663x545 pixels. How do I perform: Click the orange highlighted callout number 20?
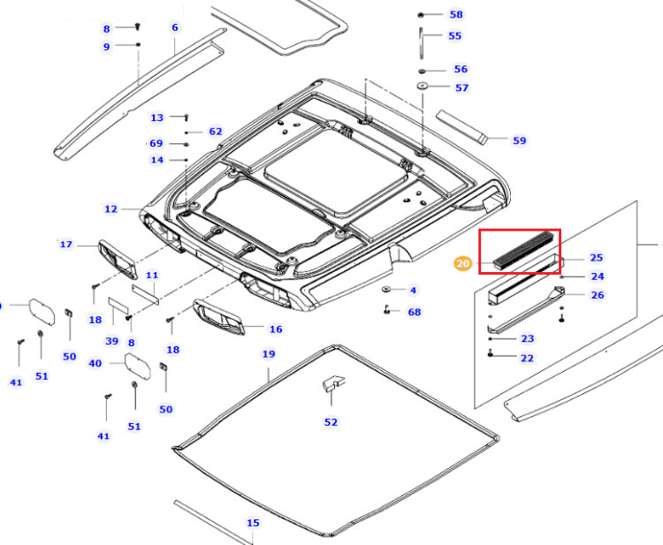click(x=463, y=263)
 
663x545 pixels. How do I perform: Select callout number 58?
click(x=456, y=14)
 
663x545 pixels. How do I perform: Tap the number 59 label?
click(x=520, y=140)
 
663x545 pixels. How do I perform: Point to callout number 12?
click(x=110, y=208)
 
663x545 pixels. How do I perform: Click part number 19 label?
click(x=269, y=353)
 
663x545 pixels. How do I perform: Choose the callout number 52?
click(x=331, y=422)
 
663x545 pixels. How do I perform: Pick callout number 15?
click(x=253, y=523)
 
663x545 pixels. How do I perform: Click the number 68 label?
click(x=415, y=312)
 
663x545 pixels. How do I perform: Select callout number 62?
click(x=216, y=132)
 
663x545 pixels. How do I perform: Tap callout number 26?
click(x=598, y=295)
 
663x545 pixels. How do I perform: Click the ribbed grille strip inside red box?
click(x=523, y=250)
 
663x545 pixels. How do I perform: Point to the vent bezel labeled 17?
click(x=118, y=260)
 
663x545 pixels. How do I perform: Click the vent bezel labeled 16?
click(x=219, y=318)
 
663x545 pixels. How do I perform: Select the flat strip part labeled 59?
click(x=462, y=126)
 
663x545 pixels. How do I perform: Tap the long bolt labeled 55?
click(x=421, y=43)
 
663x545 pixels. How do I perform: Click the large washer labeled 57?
click(x=422, y=87)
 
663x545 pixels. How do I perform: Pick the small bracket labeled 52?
click(x=333, y=383)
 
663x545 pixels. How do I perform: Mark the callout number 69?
click(x=156, y=143)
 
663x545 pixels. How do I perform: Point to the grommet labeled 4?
click(x=385, y=290)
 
